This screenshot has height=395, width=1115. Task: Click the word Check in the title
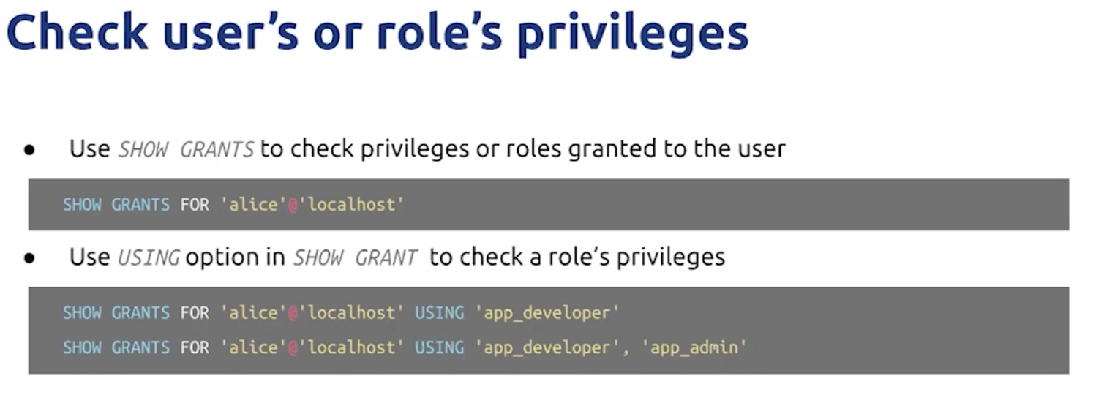pyautogui.click(x=77, y=32)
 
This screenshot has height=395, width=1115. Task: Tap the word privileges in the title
pyautogui.click(x=633, y=36)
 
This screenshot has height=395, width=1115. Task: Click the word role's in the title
pyautogui.click(x=440, y=32)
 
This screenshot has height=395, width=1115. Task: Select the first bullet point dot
pyautogui.click(x=29, y=150)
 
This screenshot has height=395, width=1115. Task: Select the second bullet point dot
pyautogui.click(x=29, y=258)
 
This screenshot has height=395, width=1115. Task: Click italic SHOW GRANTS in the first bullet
pyautogui.click(x=186, y=149)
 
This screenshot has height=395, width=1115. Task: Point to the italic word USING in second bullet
pyautogui.click(x=149, y=257)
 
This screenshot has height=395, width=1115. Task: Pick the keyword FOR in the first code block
pyautogui.click(x=195, y=205)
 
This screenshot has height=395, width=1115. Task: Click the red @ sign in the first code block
pyautogui.click(x=293, y=205)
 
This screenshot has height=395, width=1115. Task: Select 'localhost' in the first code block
pyautogui.click(x=351, y=204)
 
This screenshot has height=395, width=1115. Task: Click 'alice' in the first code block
pyautogui.click(x=253, y=204)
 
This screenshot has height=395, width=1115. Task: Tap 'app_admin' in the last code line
pyautogui.click(x=694, y=347)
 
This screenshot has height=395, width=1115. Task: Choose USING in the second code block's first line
pyautogui.click(x=440, y=313)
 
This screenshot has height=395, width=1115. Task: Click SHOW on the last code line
pyautogui.click(x=82, y=347)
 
